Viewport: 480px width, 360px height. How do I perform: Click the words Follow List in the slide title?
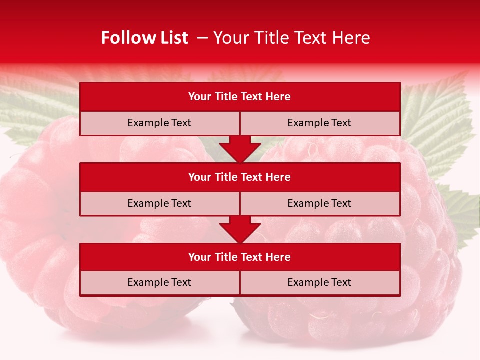(144, 38)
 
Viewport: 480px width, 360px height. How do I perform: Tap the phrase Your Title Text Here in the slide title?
(292, 38)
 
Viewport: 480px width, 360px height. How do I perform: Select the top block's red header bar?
(240, 97)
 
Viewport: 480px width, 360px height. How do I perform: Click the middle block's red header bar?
(240, 177)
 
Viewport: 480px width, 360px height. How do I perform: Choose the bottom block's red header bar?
(240, 257)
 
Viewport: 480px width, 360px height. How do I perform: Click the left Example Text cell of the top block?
(159, 123)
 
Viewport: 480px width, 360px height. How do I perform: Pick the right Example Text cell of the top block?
(319, 123)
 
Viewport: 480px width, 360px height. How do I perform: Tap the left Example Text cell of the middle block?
(159, 203)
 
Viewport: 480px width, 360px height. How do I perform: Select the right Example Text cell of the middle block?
(319, 203)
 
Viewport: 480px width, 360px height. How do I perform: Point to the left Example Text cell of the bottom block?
(159, 282)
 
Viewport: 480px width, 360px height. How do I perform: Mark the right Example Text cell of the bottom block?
(319, 282)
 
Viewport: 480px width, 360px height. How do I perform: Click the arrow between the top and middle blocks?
(240, 149)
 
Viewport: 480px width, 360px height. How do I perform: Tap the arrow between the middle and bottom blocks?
(240, 229)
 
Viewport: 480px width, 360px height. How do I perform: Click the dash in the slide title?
(202, 38)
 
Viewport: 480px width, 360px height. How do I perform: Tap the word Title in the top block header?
(225, 97)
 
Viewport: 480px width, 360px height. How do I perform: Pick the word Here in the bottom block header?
(278, 257)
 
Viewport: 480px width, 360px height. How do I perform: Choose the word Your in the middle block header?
(199, 177)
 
